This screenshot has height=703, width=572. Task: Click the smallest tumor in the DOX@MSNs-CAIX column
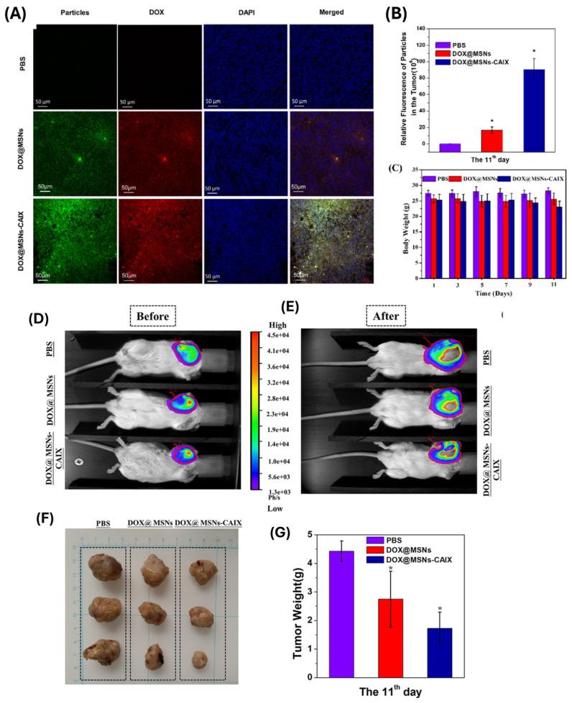(201, 658)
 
